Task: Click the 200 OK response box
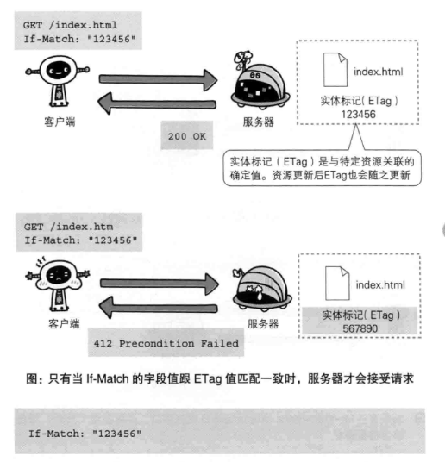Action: coord(187,135)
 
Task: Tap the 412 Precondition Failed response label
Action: coord(166,343)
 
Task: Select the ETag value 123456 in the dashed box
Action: coord(358,115)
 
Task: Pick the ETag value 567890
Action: coord(360,328)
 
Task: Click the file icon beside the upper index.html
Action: coord(335,70)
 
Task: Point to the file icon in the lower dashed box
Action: coord(337,284)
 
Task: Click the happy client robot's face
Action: coord(58,70)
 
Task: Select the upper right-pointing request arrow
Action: coord(158,80)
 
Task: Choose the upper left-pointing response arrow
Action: coord(157,103)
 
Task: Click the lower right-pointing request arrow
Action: coord(160,284)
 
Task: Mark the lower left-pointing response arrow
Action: coord(159,308)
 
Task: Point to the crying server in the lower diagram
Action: coord(262,289)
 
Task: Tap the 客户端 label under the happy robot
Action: coord(60,122)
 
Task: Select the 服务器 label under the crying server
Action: coord(263,324)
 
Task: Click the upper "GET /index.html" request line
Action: coord(70,25)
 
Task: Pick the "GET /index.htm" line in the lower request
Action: coord(68,227)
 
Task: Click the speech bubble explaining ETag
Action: coord(322,168)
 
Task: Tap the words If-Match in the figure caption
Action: coord(107,378)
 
